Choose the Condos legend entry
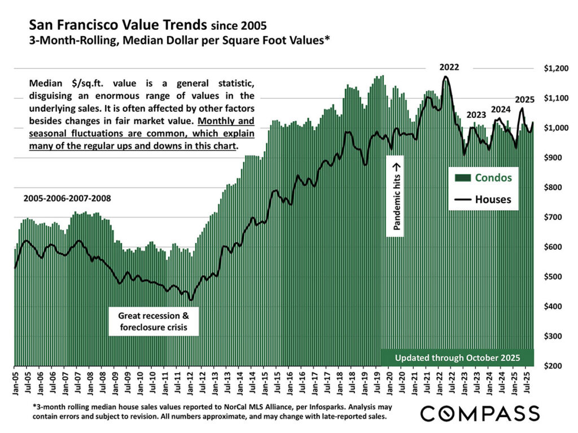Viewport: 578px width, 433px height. point(493,178)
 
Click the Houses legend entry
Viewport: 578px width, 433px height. point(493,199)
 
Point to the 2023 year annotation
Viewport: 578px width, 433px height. point(476,116)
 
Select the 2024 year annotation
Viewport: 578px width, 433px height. point(501,109)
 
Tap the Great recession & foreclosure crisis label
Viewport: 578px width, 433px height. point(154,321)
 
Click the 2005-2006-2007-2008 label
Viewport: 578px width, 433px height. point(67,198)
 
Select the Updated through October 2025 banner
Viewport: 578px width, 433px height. point(457,358)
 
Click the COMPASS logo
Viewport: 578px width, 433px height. point(480,413)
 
